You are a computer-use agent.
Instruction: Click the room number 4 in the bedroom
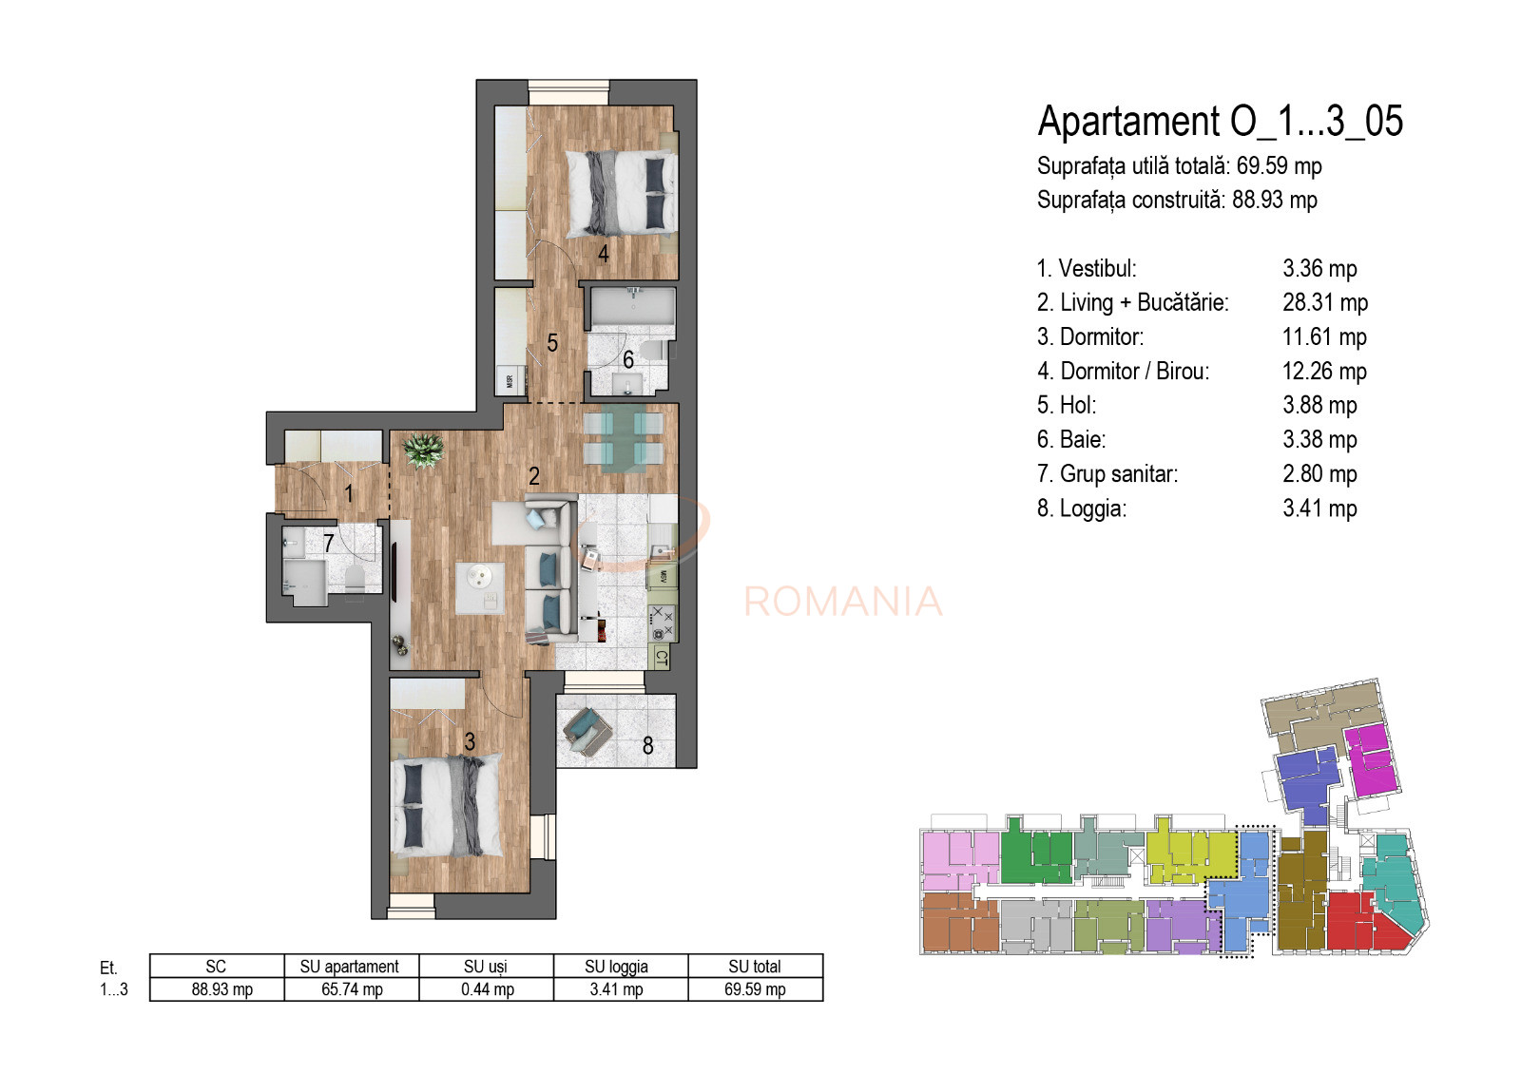coord(603,254)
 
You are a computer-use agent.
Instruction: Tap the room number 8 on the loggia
coord(647,746)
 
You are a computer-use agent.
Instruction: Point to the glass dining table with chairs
coord(623,438)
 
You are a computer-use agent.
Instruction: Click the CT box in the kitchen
coord(662,658)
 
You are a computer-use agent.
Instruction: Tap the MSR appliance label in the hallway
coord(510,381)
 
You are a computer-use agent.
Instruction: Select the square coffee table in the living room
coord(480,587)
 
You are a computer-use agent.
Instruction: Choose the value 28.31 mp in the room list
coord(1324,303)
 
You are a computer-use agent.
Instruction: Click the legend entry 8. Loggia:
coord(1081,508)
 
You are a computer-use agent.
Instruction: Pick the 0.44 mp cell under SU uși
coord(487,989)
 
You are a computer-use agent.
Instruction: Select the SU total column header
coord(755,966)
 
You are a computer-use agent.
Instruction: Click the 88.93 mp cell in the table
coord(221,989)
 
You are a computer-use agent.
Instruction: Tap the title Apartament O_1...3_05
coord(1220,122)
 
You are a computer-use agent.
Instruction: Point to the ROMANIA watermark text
coord(842,602)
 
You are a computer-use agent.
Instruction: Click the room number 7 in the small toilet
coord(329,543)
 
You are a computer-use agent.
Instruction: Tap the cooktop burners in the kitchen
coord(662,623)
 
